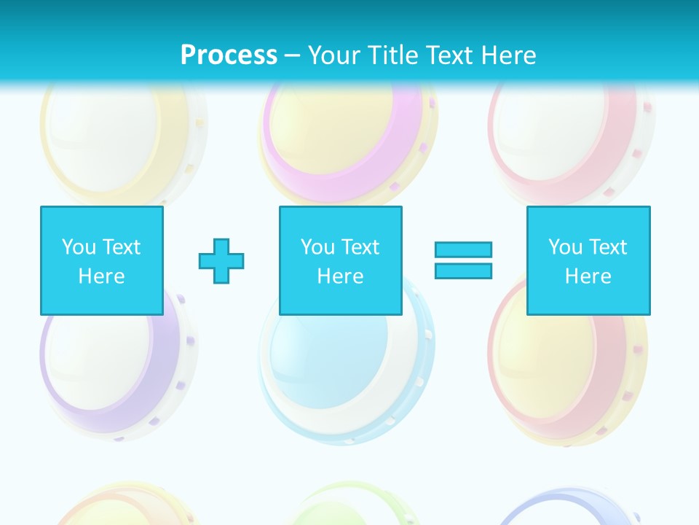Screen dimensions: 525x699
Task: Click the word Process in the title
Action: click(x=229, y=55)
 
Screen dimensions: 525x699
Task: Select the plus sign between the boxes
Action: click(x=221, y=260)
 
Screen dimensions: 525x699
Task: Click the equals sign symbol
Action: click(x=463, y=260)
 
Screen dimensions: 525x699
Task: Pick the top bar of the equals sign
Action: click(x=463, y=249)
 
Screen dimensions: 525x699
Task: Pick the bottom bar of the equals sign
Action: click(x=463, y=271)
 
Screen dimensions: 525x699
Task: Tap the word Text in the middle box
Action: click(x=360, y=247)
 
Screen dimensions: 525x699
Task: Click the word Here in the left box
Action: click(x=102, y=276)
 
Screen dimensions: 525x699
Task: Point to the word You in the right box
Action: click(x=565, y=247)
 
